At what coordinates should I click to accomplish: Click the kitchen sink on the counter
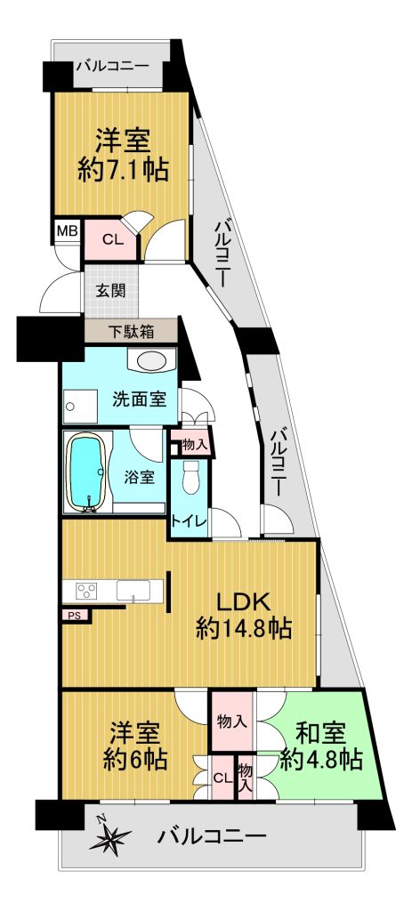[132, 592]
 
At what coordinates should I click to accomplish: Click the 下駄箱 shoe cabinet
[132, 333]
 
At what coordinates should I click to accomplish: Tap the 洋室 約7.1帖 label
[123, 155]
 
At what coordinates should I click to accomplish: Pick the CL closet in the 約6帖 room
[222, 777]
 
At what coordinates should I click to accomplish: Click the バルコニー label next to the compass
[212, 836]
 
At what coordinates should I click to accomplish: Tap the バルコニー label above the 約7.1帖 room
[111, 66]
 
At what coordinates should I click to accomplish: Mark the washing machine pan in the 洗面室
[80, 407]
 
